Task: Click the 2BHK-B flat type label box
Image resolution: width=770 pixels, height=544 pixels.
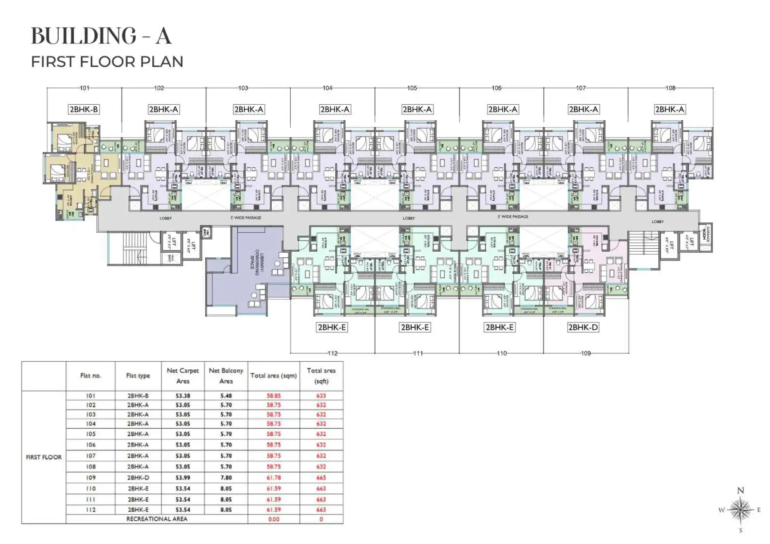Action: (84, 109)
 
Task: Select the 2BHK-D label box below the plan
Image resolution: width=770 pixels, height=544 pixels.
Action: (583, 328)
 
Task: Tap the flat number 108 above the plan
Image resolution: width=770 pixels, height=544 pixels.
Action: (670, 88)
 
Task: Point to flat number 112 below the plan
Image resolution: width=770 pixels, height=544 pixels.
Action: (333, 353)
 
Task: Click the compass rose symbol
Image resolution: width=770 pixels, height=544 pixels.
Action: (740, 510)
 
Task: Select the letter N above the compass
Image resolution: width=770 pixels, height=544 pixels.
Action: (741, 491)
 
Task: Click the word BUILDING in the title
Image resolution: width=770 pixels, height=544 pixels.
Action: (84, 36)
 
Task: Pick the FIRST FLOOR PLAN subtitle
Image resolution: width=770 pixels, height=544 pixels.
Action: (107, 62)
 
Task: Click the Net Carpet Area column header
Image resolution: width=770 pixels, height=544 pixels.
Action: (182, 376)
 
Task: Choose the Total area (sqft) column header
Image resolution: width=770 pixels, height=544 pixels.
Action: (321, 376)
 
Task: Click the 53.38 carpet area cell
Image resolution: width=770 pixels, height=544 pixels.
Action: (182, 396)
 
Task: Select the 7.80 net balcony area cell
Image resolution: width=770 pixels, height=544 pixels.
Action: (226, 478)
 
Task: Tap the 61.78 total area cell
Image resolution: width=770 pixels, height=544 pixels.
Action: (273, 478)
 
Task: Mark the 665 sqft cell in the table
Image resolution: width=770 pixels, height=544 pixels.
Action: (321, 478)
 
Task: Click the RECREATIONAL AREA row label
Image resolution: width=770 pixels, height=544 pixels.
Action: (157, 519)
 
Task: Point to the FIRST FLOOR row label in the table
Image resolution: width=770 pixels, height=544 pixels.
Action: (44, 457)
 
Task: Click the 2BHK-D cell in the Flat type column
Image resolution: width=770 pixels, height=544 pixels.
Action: (138, 478)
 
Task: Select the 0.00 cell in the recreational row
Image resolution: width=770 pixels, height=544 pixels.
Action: (273, 519)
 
